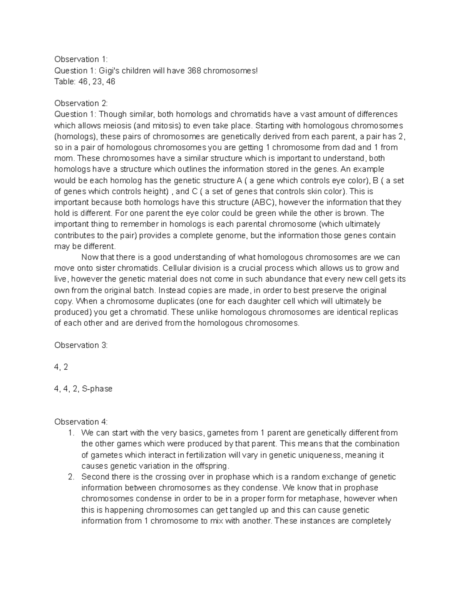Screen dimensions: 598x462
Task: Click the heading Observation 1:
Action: point(81,59)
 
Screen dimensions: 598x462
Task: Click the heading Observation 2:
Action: point(81,103)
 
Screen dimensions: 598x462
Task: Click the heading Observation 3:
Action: point(81,345)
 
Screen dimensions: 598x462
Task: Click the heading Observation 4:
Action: point(81,422)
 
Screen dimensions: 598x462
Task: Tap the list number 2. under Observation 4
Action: point(71,477)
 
